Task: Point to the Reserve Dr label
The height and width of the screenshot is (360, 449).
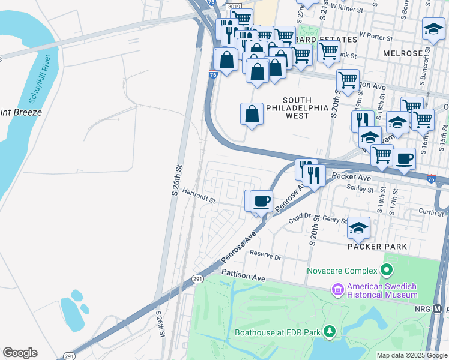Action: pos(265,256)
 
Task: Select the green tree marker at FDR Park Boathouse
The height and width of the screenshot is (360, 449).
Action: pos(329,331)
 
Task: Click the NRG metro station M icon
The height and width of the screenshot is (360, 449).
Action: pos(438,309)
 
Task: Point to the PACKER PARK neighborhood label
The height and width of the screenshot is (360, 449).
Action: pos(377,247)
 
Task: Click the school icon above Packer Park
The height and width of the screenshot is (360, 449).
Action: pos(358,227)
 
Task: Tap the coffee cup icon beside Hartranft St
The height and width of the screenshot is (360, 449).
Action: pos(261,200)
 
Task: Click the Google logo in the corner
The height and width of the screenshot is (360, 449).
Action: pos(20,353)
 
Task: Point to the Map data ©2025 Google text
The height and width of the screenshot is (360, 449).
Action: pos(411,355)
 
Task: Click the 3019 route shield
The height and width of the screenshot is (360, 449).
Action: pos(234,5)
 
